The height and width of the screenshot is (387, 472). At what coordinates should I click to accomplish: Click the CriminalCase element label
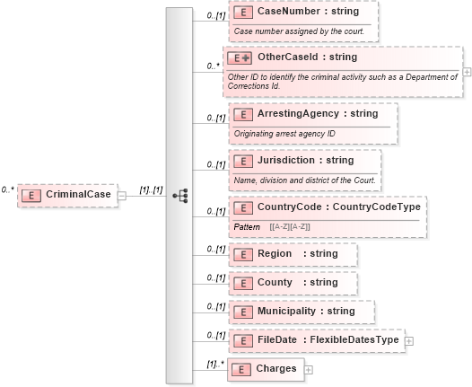(x=78, y=195)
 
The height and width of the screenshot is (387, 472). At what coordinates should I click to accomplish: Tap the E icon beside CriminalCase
(x=31, y=195)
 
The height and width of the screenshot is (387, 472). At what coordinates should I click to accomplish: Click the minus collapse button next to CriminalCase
(x=122, y=195)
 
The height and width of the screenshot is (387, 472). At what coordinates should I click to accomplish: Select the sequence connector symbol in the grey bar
(x=179, y=195)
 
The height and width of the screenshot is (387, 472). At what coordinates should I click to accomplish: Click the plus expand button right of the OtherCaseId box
(x=466, y=70)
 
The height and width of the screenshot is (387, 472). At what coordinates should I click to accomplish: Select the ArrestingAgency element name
(x=291, y=114)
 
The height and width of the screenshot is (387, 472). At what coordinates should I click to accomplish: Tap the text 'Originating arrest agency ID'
(x=284, y=134)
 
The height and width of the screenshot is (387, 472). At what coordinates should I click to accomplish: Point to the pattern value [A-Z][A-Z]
(x=290, y=226)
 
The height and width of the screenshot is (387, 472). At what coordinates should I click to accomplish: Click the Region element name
(x=275, y=254)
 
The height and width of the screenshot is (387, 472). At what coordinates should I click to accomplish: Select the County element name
(x=275, y=283)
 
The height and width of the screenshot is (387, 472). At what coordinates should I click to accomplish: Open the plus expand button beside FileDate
(x=409, y=340)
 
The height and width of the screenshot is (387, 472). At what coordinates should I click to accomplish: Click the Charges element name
(x=275, y=368)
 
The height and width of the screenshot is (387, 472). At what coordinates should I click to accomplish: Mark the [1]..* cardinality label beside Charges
(x=214, y=364)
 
